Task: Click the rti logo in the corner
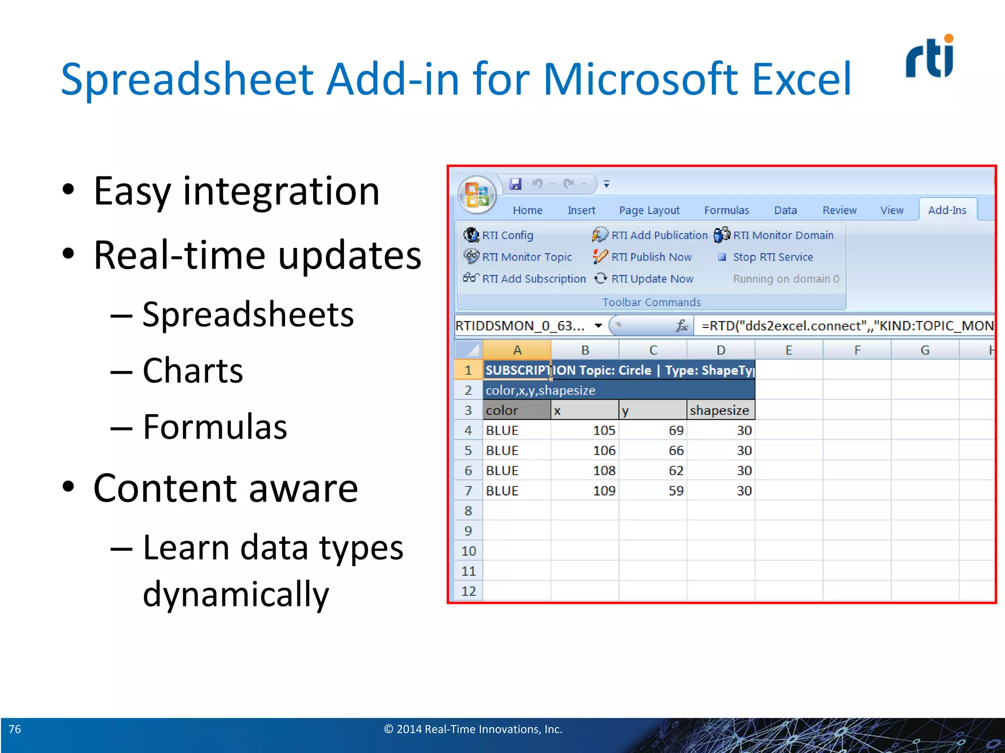point(929,57)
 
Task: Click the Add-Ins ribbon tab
point(947,210)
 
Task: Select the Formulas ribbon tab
point(726,210)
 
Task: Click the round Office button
point(476,194)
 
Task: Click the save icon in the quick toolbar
point(515,184)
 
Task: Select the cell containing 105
point(585,430)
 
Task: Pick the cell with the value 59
point(653,491)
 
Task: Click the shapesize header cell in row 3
point(720,410)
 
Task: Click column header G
point(925,350)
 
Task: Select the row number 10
point(468,551)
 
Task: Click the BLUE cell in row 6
point(516,471)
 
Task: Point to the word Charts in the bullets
point(193,371)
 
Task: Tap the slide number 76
point(15,729)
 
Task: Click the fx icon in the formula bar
point(682,326)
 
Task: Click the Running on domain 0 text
point(786,279)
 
